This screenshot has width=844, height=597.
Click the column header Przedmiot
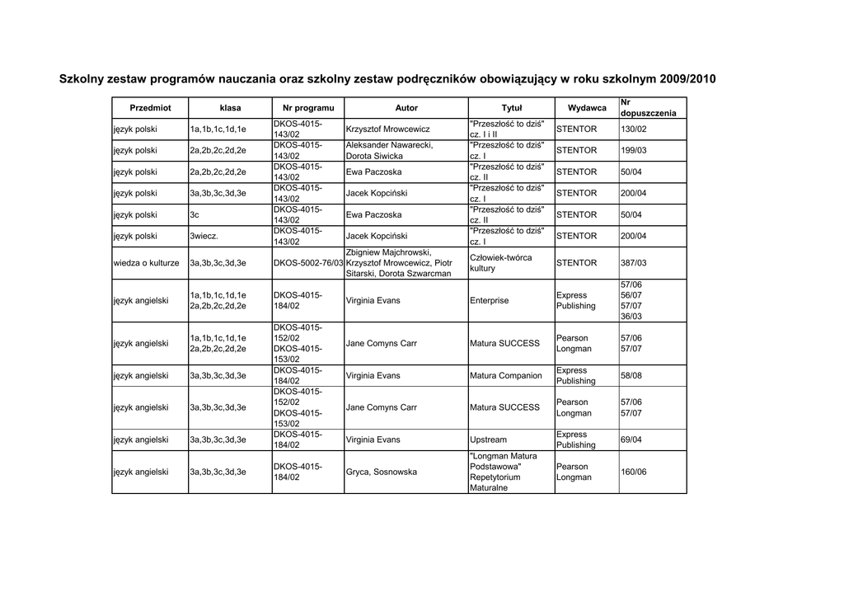coord(150,108)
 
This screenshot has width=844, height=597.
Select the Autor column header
coord(406,108)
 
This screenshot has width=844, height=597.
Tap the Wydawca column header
coord(587,108)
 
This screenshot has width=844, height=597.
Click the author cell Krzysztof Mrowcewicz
coord(387,129)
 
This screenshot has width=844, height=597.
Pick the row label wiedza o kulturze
coord(146,263)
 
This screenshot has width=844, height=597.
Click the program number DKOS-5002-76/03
coord(308,263)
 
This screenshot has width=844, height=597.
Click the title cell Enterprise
coord(489,301)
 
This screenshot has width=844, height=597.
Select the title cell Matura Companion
coord(505,376)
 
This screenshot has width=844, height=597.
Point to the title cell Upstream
coord(488,440)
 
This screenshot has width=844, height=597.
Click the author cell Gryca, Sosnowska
coord(382,472)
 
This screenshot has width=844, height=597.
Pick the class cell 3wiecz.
coord(204,237)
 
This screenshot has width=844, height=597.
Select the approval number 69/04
coord(633,440)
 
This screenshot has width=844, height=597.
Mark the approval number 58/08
coord(633,376)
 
